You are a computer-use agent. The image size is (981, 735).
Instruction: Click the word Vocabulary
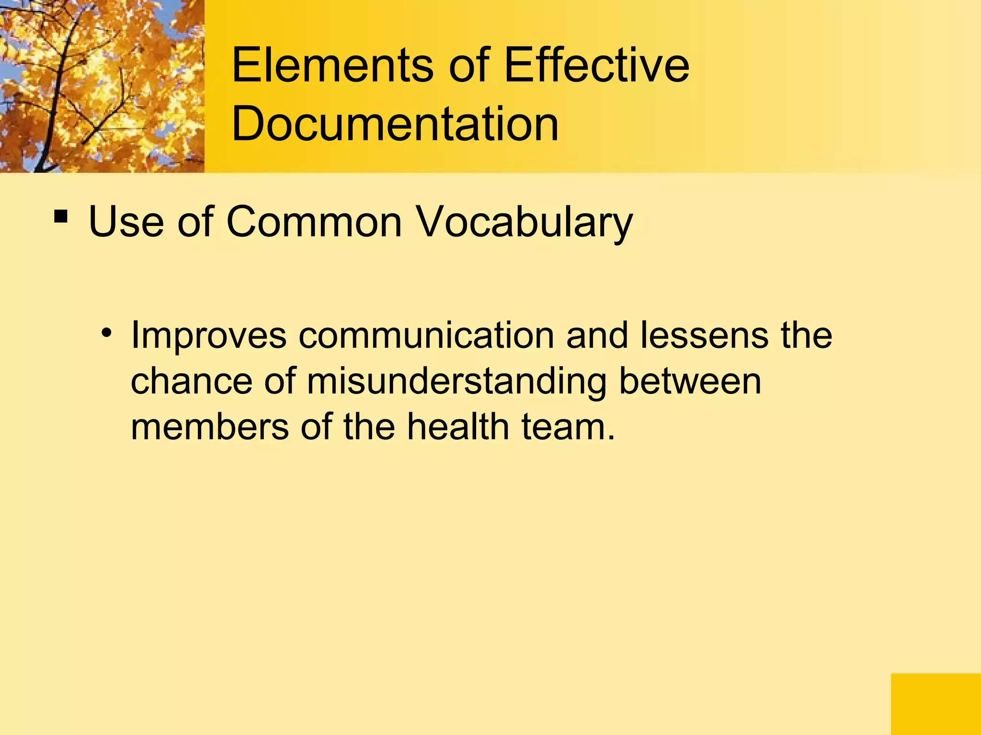[525, 222]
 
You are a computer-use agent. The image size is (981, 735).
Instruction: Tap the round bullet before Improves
[106, 332]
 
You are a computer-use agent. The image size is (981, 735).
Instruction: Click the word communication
[426, 335]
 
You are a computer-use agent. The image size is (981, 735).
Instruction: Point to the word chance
[191, 381]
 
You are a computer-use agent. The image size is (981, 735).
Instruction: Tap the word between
[690, 381]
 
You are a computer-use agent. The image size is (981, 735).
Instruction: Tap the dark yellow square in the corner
[935, 704]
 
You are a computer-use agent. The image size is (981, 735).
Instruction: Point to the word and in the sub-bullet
[597, 335]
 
